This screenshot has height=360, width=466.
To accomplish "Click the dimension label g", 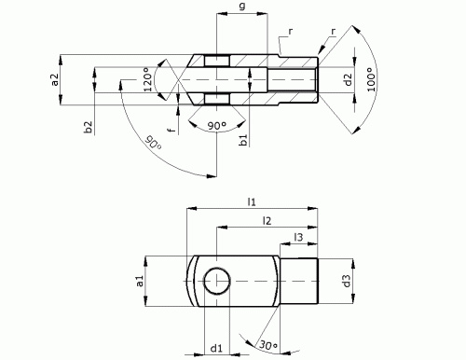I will [242, 7].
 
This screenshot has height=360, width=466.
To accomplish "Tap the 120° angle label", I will [145, 82].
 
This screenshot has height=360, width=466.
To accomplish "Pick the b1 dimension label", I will [242, 141].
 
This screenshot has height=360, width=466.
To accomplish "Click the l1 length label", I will [252, 200].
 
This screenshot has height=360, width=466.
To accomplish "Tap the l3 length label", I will [298, 239].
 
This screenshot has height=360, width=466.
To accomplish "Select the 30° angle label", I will [268, 347].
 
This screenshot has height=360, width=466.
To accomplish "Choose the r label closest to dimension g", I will [290, 32].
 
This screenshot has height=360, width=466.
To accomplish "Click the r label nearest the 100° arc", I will [333, 32].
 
